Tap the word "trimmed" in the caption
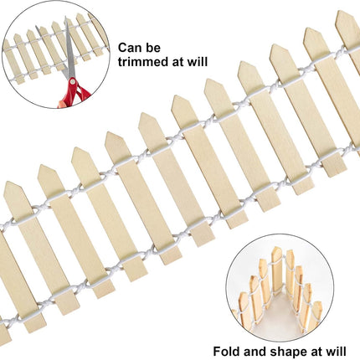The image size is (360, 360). (142, 62)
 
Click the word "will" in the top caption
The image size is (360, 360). (198, 62)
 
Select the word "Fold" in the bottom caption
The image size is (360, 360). (226, 351)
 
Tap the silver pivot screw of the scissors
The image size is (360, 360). (73, 81)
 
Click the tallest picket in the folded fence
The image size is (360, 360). (276, 270)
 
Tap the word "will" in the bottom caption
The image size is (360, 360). (336, 351)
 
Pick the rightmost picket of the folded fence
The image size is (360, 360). (316, 316)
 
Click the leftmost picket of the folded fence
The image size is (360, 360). (244, 309)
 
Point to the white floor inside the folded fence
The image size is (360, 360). (278, 316)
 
